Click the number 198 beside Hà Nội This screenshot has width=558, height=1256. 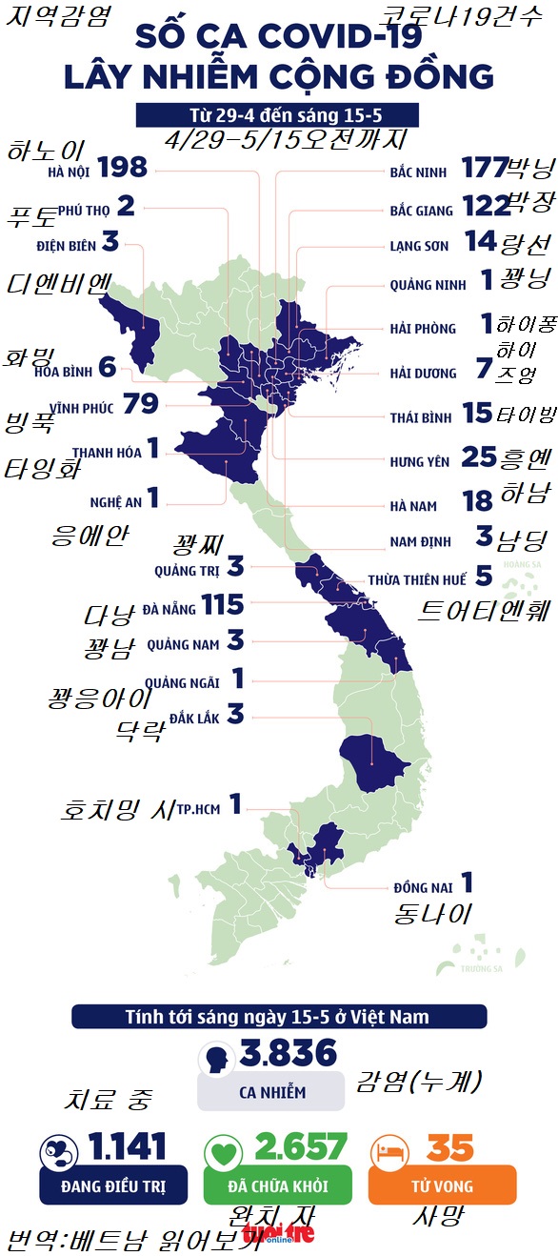(123, 169)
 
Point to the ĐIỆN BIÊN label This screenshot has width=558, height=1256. (67, 245)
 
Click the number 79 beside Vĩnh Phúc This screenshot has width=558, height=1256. (140, 405)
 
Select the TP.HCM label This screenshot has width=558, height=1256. (198, 808)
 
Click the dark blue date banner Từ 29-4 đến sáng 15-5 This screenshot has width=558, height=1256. (277, 114)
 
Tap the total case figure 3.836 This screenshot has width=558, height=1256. (289, 1053)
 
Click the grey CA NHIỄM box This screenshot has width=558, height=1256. (271, 1092)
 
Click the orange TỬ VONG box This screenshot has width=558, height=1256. (441, 1186)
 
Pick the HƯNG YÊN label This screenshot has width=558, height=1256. (419, 462)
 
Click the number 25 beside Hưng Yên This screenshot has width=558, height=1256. (479, 458)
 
